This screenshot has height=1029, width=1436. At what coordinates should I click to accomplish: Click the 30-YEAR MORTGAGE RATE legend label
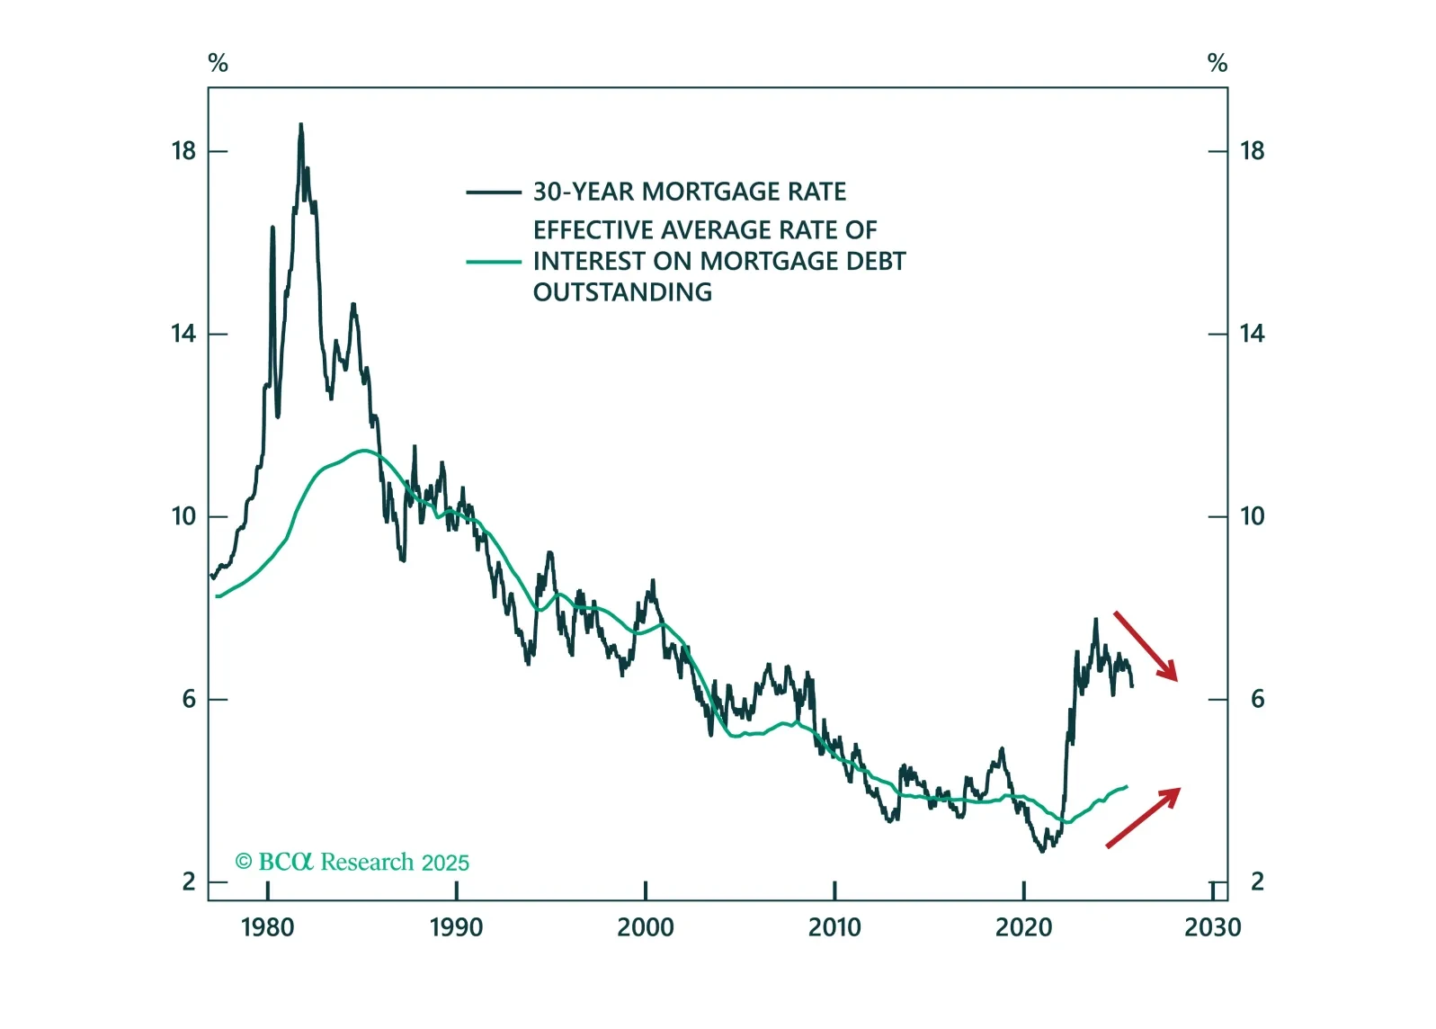(x=689, y=192)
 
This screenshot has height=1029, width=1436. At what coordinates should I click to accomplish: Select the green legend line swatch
(x=493, y=262)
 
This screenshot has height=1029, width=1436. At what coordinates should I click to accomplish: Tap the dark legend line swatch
(x=493, y=192)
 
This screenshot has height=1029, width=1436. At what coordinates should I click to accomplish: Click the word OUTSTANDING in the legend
(x=622, y=292)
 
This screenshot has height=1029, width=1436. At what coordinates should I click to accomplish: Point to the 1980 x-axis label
(x=267, y=927)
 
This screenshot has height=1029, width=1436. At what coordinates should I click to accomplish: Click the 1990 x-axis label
(x=456, y=927)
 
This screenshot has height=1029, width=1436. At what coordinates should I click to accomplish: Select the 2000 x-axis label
(x=645, y=927)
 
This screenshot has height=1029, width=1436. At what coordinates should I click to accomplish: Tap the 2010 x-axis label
(x=834, y=927)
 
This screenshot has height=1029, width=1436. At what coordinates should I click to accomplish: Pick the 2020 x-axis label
(x=1023, y=927)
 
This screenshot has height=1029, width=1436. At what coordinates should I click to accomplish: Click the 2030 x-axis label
(x=1212, y=927)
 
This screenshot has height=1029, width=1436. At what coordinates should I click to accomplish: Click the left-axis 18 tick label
(x=183, y=151)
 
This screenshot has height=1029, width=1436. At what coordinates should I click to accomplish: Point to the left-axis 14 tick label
(x=183, y=334)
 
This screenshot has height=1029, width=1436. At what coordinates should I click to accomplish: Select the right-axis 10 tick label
(x=1252, y=516)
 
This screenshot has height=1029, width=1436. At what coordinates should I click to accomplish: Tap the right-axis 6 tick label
(x=1257, y=699)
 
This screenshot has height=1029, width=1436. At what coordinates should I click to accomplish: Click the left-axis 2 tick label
(x=189, y=881)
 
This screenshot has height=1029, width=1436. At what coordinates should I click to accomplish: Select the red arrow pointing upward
(x=1143, y=817)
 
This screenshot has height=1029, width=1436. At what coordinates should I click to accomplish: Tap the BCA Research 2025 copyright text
(x=352, y=862)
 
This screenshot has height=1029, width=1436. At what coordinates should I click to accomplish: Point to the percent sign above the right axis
(x=1217, y=63)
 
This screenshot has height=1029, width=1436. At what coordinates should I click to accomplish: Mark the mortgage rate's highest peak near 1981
(x=300, y=126)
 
